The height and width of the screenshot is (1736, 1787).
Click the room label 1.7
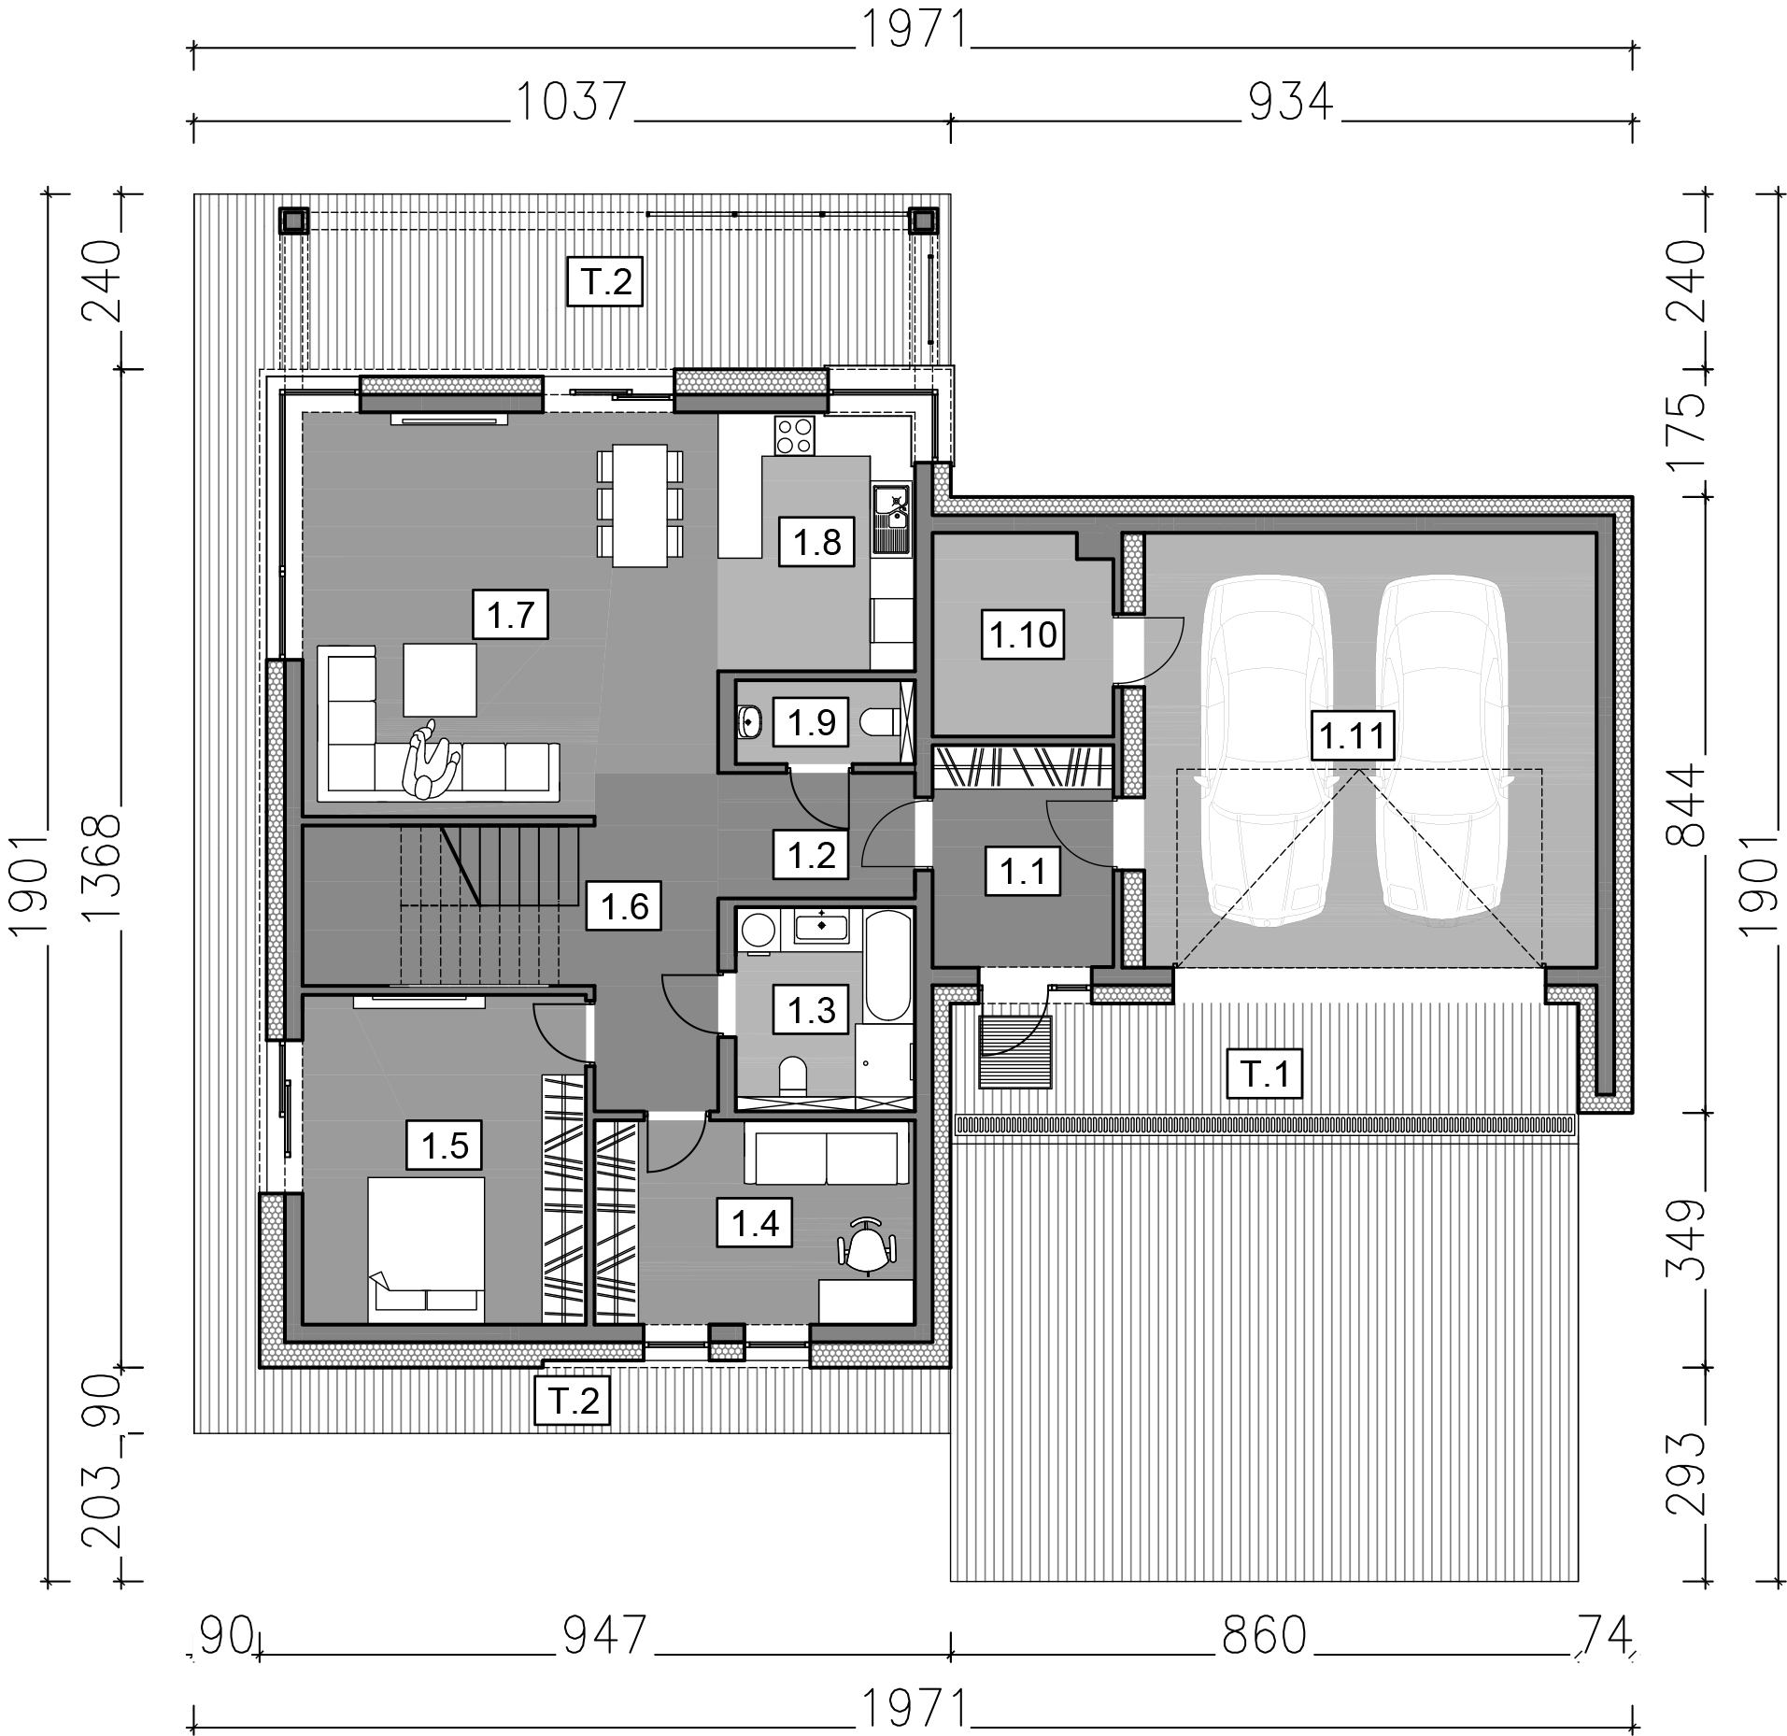(510, 615)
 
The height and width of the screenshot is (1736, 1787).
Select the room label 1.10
(1024, 635)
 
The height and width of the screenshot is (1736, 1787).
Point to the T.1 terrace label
(1265, 1074)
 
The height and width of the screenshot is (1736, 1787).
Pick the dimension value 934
(1291, 102)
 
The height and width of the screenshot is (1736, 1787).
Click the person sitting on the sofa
(429, 760)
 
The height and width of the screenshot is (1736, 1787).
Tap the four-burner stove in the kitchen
(794, 434)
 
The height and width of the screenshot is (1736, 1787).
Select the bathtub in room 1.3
(886, 965)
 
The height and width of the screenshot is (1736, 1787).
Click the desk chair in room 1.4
(868, 1245)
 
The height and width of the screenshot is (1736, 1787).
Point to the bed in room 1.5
(426, 1249)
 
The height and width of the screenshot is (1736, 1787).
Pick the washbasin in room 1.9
(749, 721)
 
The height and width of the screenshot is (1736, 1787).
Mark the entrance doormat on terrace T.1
(1015, 1053)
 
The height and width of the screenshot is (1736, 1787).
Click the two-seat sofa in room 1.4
(826, 1154)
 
